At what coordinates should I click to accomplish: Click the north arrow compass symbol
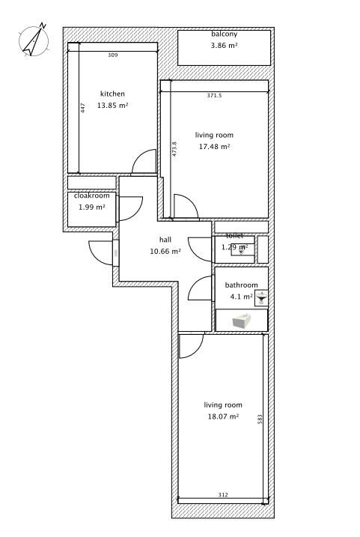pos(34,40)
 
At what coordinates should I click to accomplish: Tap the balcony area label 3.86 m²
pos(224,45)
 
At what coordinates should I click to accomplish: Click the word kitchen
pos(112,94)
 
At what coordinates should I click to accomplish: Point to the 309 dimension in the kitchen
pos(112,55)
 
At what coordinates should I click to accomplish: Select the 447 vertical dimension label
pos(83,108)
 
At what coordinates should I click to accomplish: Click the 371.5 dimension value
pos(214,96)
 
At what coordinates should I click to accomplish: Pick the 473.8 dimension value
pos(174,149)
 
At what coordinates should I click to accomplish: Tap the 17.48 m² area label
pos(215,147)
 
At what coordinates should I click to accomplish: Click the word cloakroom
pos(92,195)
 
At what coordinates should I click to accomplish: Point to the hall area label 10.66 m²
pos(165,252)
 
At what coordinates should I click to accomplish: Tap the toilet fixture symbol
pos(242,252)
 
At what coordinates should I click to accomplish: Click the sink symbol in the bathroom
pos(262,298)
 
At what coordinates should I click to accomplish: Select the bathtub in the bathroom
pos(242,321)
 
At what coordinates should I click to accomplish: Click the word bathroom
pos(241,285)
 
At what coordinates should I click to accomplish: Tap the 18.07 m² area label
pos(223,416)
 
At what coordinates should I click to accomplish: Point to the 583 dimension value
pos(260,419)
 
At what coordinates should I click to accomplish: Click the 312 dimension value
pos(223,494)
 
